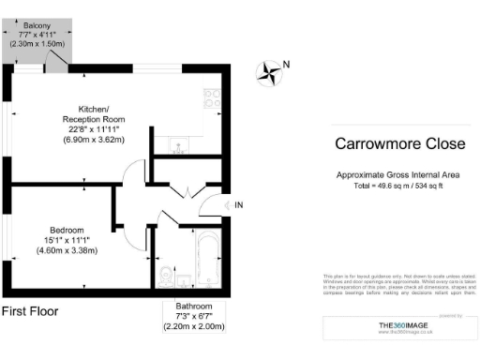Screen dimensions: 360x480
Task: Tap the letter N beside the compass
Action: point(287,64)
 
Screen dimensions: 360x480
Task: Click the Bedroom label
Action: point(67,231)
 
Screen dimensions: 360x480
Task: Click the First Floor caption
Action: point(31,310)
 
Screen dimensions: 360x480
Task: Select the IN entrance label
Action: point(238,205)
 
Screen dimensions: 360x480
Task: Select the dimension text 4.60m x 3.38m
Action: point(67,251)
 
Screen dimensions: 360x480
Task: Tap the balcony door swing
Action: point(56,62)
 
